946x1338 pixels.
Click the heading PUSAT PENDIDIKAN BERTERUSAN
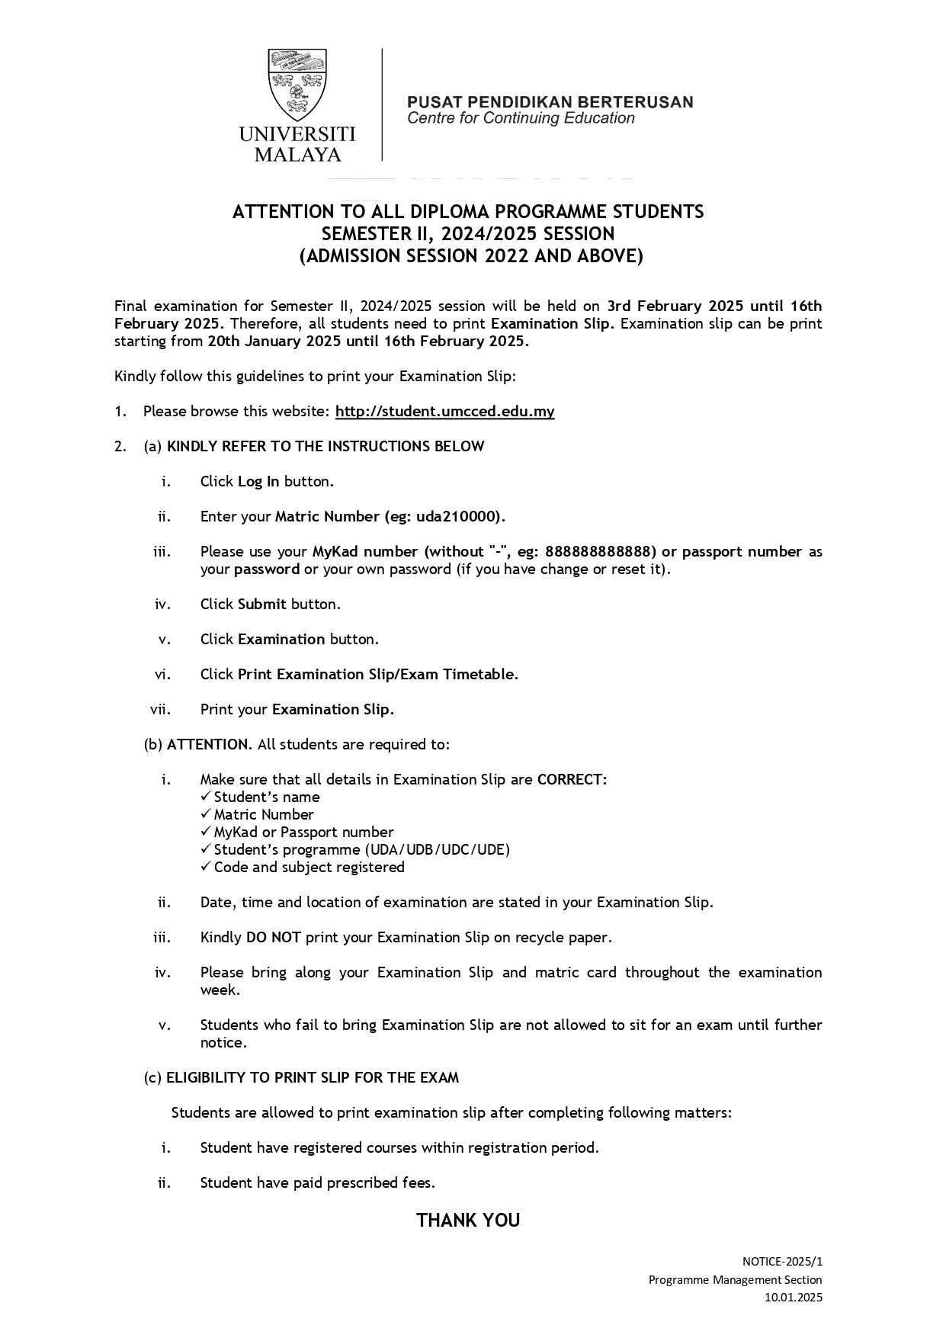550,102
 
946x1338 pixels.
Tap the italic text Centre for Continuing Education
521,118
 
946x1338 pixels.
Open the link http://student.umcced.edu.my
444,412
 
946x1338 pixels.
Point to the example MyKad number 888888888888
601,552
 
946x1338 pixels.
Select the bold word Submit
261,605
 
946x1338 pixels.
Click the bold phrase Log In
258,482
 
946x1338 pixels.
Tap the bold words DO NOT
273,938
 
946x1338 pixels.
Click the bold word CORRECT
571,780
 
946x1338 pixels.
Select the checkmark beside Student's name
206,797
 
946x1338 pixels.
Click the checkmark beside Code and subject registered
206,867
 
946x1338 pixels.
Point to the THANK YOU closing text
468,1221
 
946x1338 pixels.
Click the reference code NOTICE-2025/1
782,1262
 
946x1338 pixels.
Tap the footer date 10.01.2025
794,1297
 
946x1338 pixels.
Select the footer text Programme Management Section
735,1279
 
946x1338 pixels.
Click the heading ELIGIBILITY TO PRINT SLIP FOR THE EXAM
313,1078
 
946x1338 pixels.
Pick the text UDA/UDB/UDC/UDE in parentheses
438,849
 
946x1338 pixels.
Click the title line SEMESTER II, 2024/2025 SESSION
468,233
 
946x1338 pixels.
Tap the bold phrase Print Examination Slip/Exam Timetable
377,675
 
